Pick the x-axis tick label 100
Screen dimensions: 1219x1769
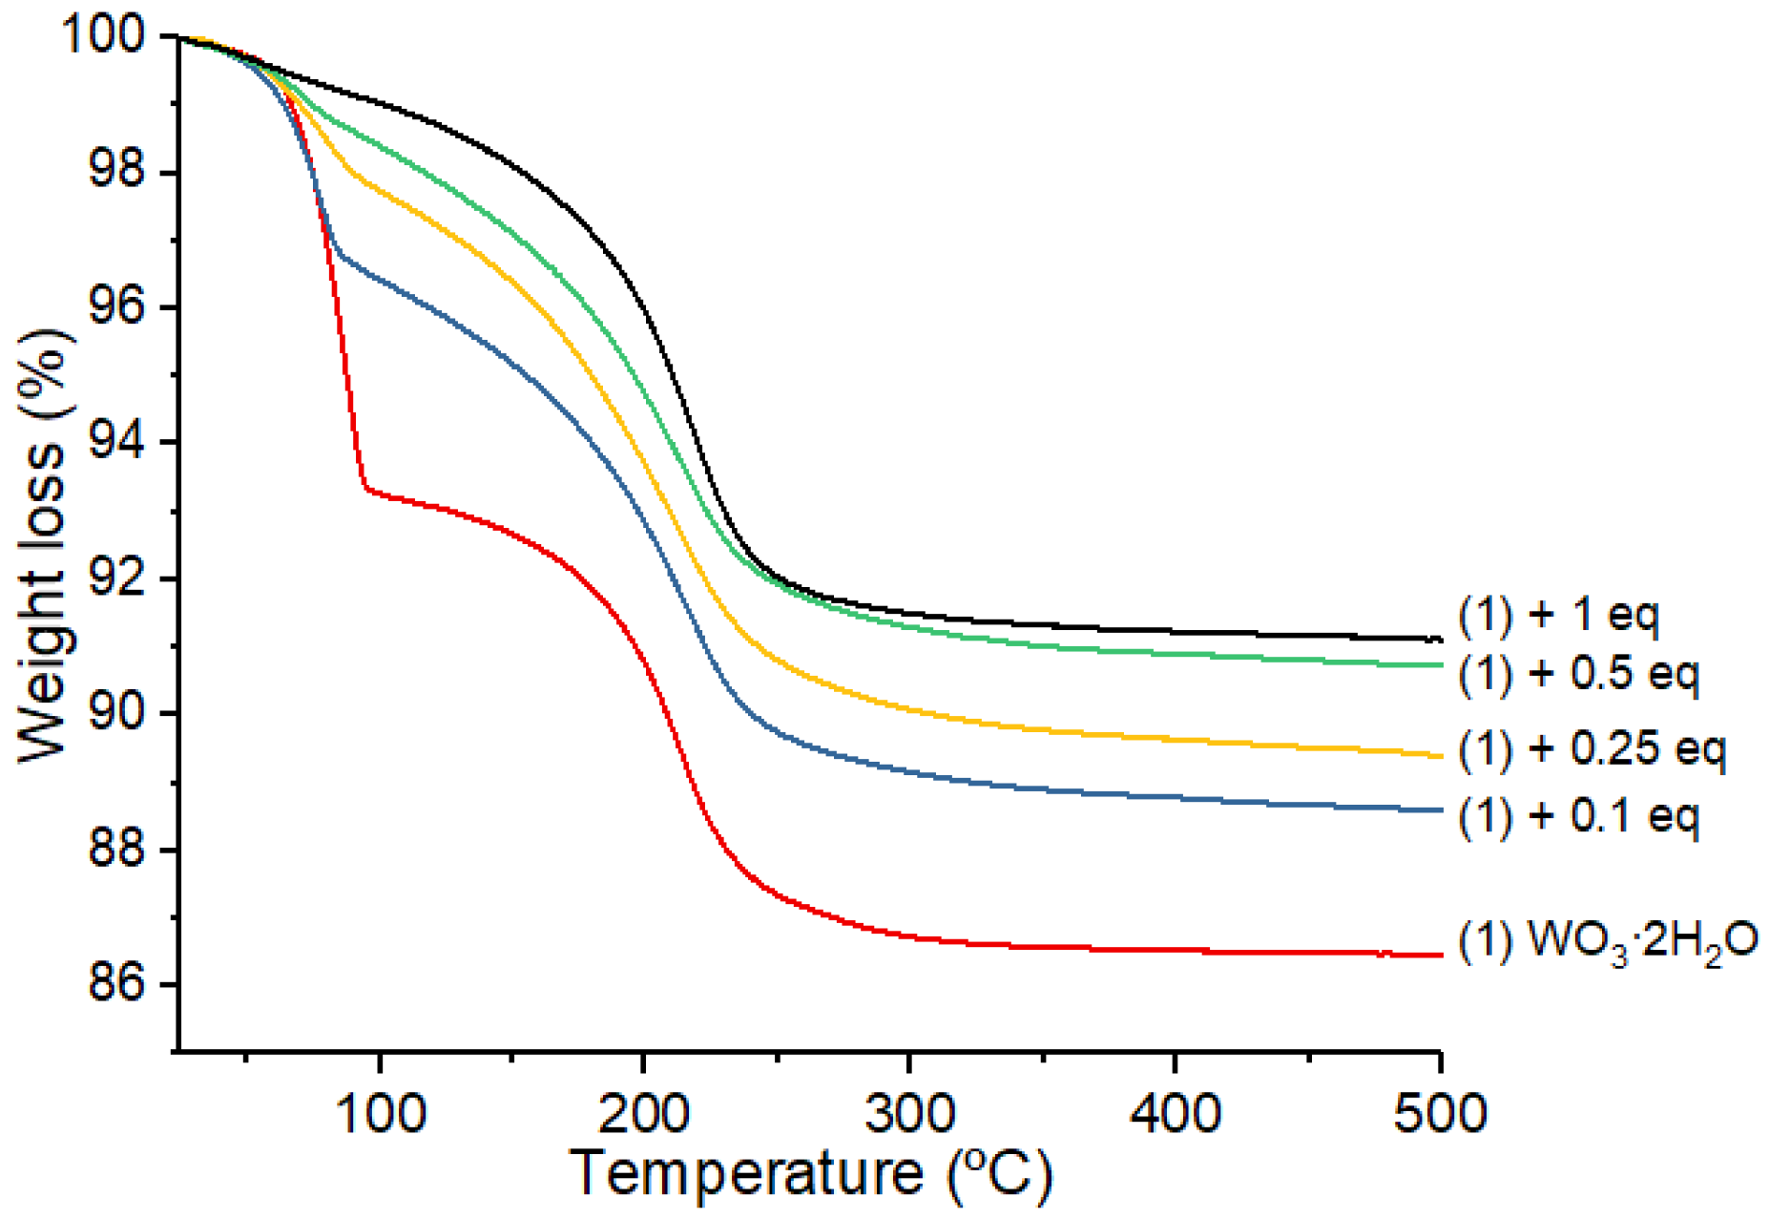point(381,1113)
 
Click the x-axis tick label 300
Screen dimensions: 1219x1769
point(910,1113)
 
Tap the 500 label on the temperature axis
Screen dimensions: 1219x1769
point(1440,1113)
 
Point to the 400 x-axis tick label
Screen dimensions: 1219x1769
point(1175,1113)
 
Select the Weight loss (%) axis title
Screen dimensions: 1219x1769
point(43,544)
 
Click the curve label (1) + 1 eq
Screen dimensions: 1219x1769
point(1558,615)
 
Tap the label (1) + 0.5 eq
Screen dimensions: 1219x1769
point(1578,675)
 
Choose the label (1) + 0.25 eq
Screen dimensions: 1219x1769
point(1592,749)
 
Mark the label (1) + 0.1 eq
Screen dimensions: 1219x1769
point(1578,817)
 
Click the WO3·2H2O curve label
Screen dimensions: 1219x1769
point(1608,942)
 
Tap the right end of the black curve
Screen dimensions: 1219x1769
point(1440,639)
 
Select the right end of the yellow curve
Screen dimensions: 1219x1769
point(1440,756)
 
